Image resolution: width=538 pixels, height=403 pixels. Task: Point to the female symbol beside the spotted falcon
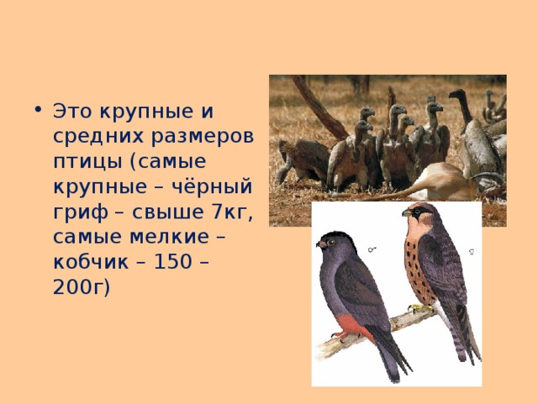point(472,250)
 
